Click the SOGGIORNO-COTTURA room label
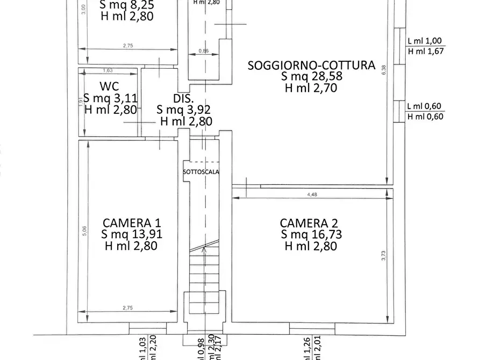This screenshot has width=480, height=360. (x=311, y=65)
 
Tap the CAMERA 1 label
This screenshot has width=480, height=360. (x=132, y=223)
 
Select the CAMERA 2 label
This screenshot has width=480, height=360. (x=311, y=223)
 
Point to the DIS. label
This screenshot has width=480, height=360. (x=183, y=98)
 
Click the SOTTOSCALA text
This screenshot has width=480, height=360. (x=201, y=172)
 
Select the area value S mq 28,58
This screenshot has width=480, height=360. (x=311, y=76)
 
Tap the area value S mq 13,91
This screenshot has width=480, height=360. (x=132, y=234)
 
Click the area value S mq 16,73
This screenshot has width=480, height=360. (x=311, y=234)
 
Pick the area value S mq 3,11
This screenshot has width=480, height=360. (x=111, y=98)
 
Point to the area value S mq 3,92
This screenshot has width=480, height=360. (x=183, y=110)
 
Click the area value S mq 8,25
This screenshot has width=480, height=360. (x=127, y=5)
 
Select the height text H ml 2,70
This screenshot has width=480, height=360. (x=311, y=88)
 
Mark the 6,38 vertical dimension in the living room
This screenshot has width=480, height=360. (x=383, y=70)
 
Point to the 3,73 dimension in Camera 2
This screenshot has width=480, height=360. (x=383, y=255)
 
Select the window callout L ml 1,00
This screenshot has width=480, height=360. (x=425, y=41)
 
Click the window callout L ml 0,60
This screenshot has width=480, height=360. (x=425, y=106)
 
